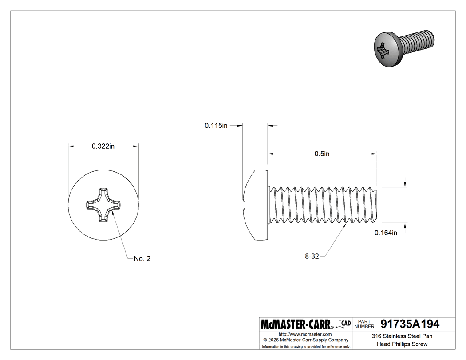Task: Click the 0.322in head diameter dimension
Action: click(x=103, y=146)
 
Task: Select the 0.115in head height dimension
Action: click(x=216, y=126)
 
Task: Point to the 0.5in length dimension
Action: click(x=322, y=154)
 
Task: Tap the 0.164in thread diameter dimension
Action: click(x=386, y=233)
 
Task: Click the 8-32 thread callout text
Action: click(x=312, y=256)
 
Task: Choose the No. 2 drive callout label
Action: click(x=142, y=259)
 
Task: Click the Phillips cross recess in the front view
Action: click(x=103, y=205)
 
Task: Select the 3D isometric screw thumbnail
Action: click(x=403, y=47)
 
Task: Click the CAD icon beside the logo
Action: click(x=344, y=324)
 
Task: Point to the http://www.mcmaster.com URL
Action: click(x=305, y=334)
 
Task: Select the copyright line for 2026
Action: click(x=305, y=340)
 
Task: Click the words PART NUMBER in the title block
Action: click(x=364, y=324)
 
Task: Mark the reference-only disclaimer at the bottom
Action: click(x=306, y=346)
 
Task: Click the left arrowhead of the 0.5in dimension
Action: click(x=270, y=154)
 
